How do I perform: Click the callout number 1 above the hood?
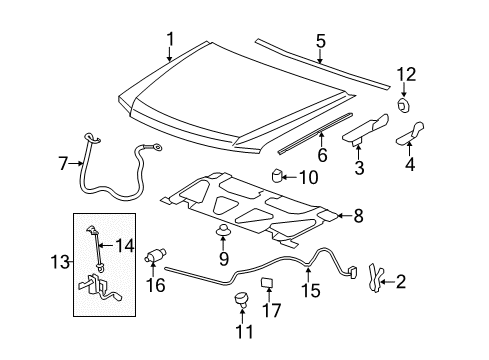[x=170, y=39]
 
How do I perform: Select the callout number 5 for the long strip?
[x=320, y=41]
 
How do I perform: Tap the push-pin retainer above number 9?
[x=223, y=237]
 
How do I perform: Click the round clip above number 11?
[x=240, y=298]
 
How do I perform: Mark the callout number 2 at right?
[x=401, y=283]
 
